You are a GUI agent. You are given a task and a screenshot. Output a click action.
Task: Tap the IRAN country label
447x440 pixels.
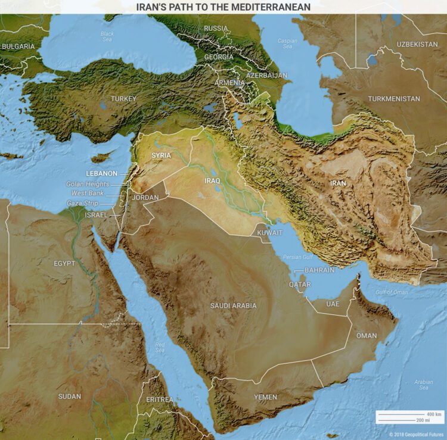338,183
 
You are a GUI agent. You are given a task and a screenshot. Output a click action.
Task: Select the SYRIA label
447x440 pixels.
161,155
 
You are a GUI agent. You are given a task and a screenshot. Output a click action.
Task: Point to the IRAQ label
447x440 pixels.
212,180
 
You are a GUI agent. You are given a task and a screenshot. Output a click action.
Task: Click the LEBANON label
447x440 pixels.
100,173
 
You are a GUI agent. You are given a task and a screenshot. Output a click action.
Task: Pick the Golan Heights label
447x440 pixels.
88,184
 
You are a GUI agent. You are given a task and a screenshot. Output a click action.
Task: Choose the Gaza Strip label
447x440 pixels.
83,204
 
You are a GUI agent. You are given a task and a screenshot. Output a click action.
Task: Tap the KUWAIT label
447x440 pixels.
270,233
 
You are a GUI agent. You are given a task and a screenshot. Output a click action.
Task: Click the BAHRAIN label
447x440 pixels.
319,270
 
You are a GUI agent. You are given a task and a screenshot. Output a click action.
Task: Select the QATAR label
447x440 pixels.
300,285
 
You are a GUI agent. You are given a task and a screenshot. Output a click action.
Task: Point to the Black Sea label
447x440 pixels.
107,36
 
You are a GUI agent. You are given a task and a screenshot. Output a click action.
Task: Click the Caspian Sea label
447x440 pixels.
288,43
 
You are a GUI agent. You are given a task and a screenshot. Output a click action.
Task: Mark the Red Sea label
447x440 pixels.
160,347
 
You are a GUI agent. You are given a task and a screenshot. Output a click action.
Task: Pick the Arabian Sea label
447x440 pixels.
423,385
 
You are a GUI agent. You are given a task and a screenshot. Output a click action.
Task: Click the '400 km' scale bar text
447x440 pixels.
434,414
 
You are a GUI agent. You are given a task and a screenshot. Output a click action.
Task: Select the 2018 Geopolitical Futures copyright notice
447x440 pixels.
417,435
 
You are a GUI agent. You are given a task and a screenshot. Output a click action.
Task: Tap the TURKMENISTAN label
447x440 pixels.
393,99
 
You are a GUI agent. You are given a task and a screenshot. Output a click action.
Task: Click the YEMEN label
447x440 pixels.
265,397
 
